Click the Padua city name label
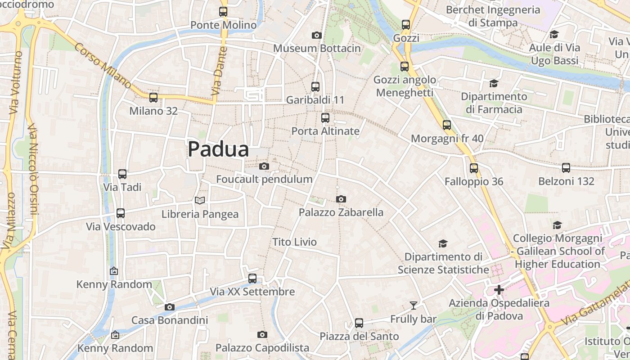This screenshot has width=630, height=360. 218,149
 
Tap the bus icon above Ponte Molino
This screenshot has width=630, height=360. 223,12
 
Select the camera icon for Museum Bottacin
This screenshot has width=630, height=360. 317,35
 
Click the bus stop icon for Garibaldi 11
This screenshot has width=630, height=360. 315,86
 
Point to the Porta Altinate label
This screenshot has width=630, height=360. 325,131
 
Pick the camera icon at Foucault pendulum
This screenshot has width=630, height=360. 264,166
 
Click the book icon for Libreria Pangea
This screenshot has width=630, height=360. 200,200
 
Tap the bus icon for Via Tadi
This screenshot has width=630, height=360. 122,174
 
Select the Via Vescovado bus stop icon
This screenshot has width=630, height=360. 121,213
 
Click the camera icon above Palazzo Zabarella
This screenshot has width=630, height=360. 341,199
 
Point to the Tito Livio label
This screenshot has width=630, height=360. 294,242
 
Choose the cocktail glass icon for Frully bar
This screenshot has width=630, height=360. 413,306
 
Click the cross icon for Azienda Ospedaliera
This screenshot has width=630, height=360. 499,290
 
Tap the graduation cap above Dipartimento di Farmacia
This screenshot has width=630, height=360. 494,83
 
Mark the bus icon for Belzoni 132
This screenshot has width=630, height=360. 566,168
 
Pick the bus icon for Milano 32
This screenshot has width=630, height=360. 153,97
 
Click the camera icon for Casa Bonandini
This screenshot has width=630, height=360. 170,307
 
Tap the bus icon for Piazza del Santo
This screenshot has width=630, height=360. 359,323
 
